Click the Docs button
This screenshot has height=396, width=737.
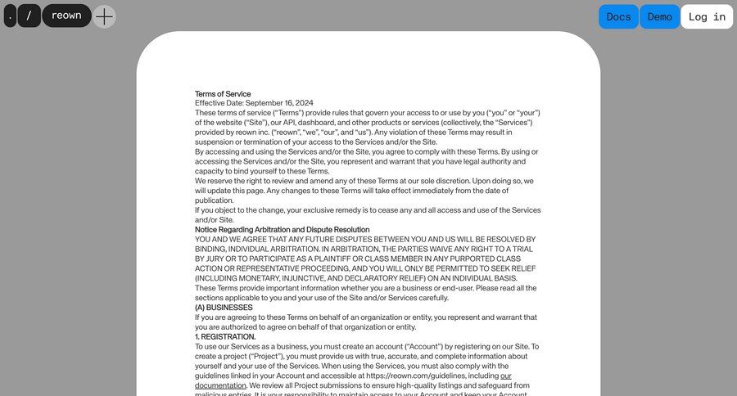point(618,16)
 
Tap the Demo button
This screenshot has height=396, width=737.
point(659,16)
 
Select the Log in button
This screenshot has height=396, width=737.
point(707,16)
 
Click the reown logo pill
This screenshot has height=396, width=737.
point(66,16)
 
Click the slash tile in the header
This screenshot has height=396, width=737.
point(29,16)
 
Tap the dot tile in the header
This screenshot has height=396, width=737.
point(10,16)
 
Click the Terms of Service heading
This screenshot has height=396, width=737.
point(223,94)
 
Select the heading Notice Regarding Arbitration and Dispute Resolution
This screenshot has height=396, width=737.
point(282,230)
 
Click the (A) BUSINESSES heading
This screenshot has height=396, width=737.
point(224,308)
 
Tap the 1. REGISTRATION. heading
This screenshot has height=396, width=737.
point(225,337)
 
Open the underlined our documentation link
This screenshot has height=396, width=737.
point(221,385)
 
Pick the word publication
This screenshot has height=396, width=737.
point(214,200)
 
